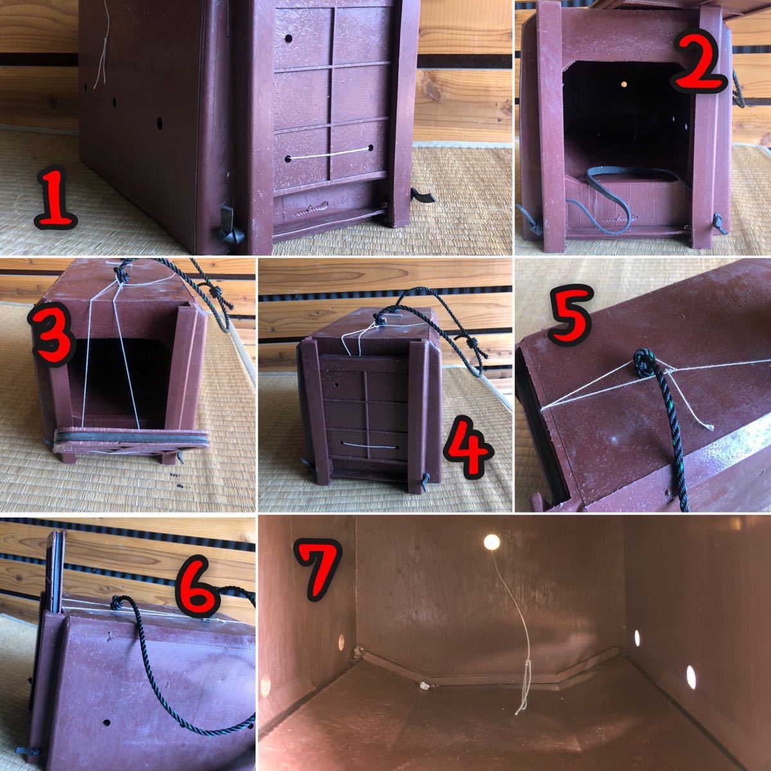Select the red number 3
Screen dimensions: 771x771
click(51, 335)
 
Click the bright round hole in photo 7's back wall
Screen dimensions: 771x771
click(492, 542)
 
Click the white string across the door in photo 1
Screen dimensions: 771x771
click(330, 154)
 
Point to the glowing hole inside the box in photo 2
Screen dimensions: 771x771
click(623, 84)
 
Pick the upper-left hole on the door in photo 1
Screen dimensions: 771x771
click(288, 39)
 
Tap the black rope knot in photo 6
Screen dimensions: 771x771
click(116, 601)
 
